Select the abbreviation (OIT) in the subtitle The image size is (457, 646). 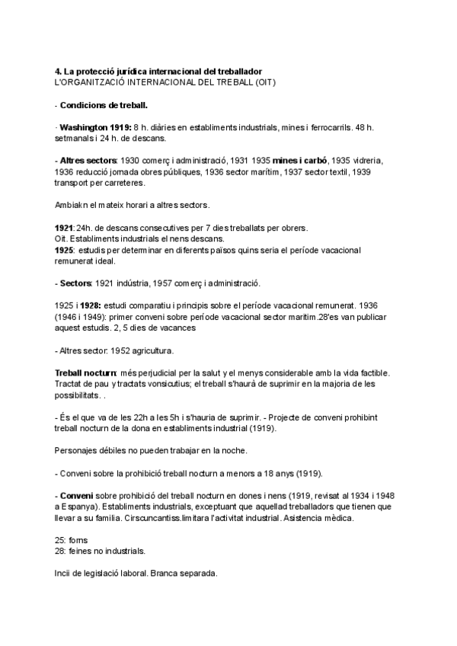pos(262,82)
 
